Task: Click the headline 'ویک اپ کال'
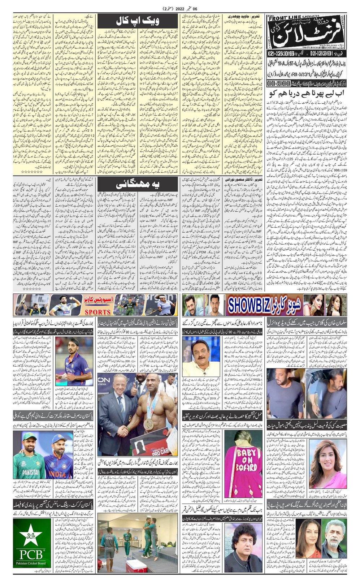137,21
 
